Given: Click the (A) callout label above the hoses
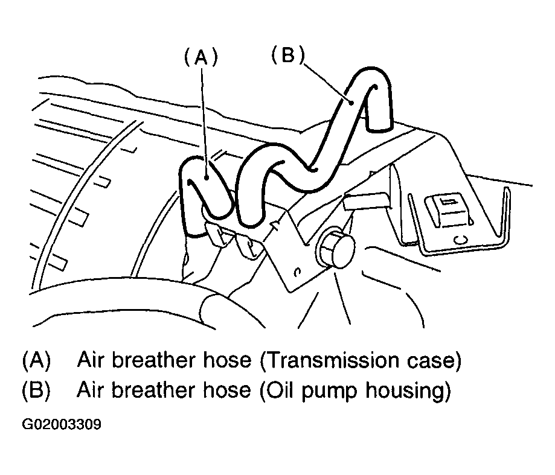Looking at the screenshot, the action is point(201,57).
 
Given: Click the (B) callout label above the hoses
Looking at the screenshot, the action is point(287,55).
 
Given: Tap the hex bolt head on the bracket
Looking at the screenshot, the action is point(336,249).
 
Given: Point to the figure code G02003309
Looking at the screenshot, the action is point(62,424).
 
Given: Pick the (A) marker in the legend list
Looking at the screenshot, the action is point(36,360).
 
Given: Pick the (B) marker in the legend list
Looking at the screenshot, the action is point(36,391).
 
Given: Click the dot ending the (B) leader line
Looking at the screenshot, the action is point(351,103).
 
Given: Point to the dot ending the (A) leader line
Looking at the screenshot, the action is point(206,177).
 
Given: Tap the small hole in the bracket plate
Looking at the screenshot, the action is point(298,272).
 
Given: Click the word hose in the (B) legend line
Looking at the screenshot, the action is point(227,390).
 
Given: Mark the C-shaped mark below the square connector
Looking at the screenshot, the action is point(460,240).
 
